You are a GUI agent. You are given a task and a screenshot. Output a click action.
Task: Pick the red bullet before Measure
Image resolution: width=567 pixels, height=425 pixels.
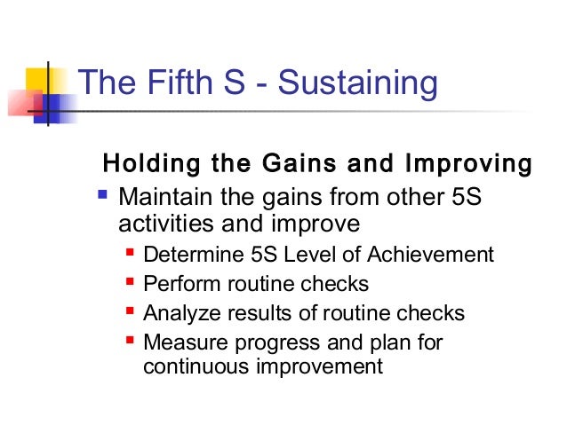(131, 340)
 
